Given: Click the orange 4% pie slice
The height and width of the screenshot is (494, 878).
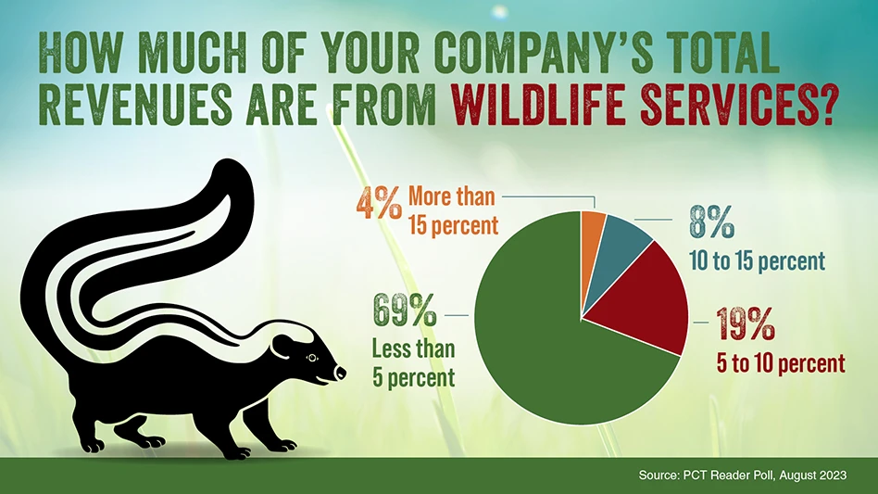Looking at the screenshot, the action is click(x=592, y=235).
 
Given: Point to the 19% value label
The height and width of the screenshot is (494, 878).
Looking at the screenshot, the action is click(x=746, y=324).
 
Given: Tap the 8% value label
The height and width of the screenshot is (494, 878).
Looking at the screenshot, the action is click(x=711, y=222).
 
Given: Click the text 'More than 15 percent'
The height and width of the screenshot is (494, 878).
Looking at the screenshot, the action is click(x=453, y=210).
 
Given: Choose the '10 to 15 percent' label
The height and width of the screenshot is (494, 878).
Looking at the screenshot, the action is click(x=758, y=261).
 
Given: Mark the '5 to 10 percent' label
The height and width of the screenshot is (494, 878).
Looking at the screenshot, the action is click(x=781, y=364).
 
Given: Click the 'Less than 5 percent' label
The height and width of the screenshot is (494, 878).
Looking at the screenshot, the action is click(x=414, y=363).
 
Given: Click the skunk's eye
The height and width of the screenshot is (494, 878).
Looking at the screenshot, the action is click(x=311, y=358).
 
